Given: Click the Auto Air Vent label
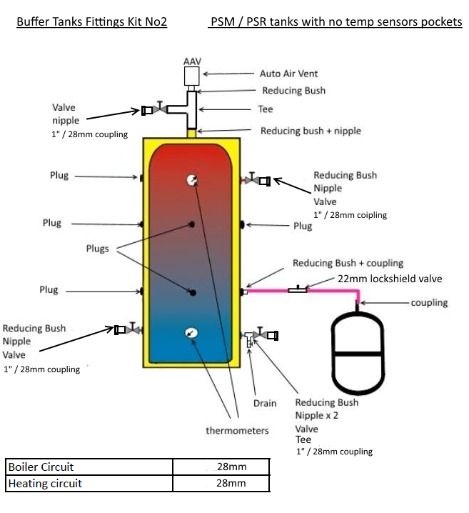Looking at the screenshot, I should click(x=288, y=74).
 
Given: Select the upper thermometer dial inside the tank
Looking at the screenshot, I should click(x=191, y=181).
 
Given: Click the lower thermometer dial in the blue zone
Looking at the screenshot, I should click(x=191, y=332).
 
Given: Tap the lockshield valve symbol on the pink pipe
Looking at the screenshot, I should click(x=298, y=289).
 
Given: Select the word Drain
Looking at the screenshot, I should click(x=265, y=403).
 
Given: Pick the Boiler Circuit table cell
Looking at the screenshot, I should click(x=89, y=467).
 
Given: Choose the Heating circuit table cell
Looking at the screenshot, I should click(x=89, y=484).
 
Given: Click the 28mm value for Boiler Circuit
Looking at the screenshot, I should click(x=231, y=467).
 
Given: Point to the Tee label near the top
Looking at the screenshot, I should click(x=265, y=110).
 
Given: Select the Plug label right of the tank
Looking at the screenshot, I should click(x=303, y=226).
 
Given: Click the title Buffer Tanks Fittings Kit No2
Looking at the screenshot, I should click(x=91, y=22).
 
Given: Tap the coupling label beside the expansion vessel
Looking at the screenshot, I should click(x=429, y=302).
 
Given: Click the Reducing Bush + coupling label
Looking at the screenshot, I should click(x=348, y=263).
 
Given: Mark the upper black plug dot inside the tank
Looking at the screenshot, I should click(x=191, y=225).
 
